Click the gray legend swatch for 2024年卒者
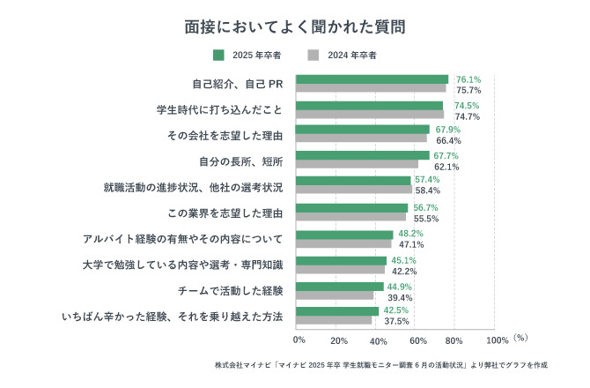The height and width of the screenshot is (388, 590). tap(313, 56)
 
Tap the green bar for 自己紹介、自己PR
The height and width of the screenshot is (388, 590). tap(372, 79)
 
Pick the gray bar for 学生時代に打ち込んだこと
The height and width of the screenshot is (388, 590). tap(369, 115)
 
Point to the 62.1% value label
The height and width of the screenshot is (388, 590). tap(446, 166)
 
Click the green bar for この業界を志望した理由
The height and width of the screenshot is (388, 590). tap(351, 208)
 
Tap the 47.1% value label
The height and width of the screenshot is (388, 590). tap(411, 244)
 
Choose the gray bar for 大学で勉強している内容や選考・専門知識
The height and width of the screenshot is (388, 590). tap(340, 270)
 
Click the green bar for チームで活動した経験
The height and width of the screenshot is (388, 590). tap(339, 286)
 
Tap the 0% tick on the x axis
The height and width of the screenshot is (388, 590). tap(299, 339)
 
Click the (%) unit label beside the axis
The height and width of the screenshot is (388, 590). tap(520, 337)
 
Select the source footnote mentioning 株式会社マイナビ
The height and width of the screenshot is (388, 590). tap(380, 363)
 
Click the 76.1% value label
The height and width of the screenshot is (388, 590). tap(468, 78)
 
